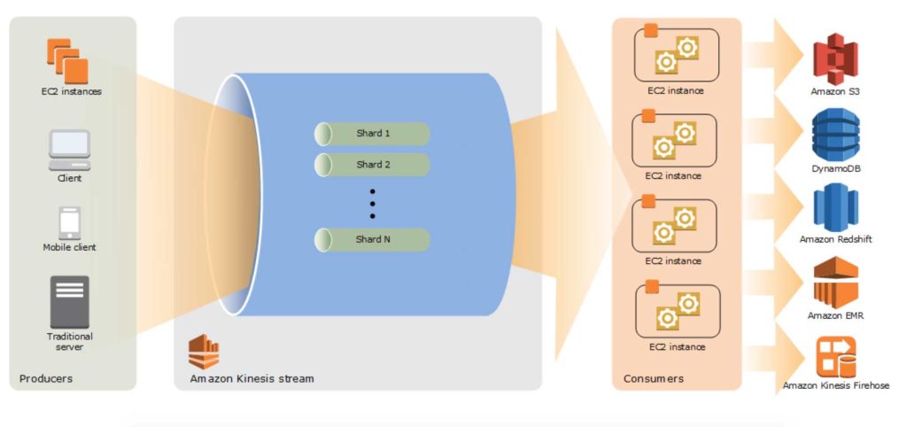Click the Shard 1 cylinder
click(x=372, y=134)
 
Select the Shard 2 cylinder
click(x=372, y=165)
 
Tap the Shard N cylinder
click(x=372, y=239)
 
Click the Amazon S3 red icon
click(x=835, y=59)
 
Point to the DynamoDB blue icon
click(x=835, y=135)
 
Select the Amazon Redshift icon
click(x=835, y=207)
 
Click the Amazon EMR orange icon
click(x=836, y=283)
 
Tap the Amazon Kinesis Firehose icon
click(x=836, y=357)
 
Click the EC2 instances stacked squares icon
click(x=67, y=61)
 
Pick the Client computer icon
click(x=69, y=150)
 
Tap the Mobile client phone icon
click(x=70, y=223)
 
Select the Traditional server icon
click(x=70, y=302)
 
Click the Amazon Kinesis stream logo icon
click(x=204, y=352)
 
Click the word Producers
click(x=46, y=378)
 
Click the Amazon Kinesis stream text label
click(x=252, y=379)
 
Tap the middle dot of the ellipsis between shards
click(x=373, y=204)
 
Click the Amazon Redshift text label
click(x=836, y=239)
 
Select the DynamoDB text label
click(x=836, y=168)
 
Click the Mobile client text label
click(x=69, y=247)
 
